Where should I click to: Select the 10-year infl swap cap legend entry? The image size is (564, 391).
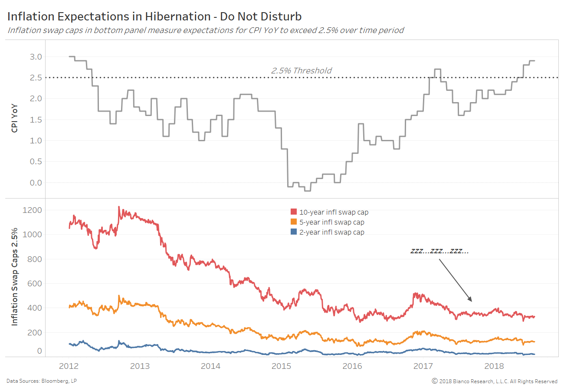pyautogui.click(x=329, y=212)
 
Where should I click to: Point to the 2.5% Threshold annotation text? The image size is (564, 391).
pyautogui.click(x=301, y=70)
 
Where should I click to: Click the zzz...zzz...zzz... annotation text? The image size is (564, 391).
pyautogui.click(x=439, y=251)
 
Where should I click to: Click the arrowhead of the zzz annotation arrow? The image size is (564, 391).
pyautogui.click(x=470, y=300)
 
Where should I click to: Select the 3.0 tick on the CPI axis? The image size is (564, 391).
pyautogui.click(x=36, y=57)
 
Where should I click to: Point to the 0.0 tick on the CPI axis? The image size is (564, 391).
pyautogui.click(x=36, y=182)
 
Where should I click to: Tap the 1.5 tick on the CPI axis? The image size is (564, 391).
pyautogui.click(x=36, y=120)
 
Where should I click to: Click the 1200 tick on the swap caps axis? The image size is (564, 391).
pyautogui.click(x=34, y=210)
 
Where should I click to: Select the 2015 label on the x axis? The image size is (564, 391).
pyautogui.click(x=281, y=366)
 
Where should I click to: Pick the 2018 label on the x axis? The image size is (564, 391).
pyautogui.click(x=494, y=366)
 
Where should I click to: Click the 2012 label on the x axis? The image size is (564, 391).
pyautogui.click(x=69, y=366)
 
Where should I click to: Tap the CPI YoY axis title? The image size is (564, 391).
pyautogui.click(x=15, y=117)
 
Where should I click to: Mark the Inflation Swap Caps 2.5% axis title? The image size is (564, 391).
pyautogui.click(x=15, y=276)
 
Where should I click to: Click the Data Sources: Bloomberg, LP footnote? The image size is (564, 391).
pyautogui.click(x=42, y=381)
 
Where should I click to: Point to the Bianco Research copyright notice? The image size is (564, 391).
pyautogui.click(x=495, y=381)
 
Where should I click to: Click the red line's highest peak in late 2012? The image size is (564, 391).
pyautogui.click(x=119, y=207)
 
